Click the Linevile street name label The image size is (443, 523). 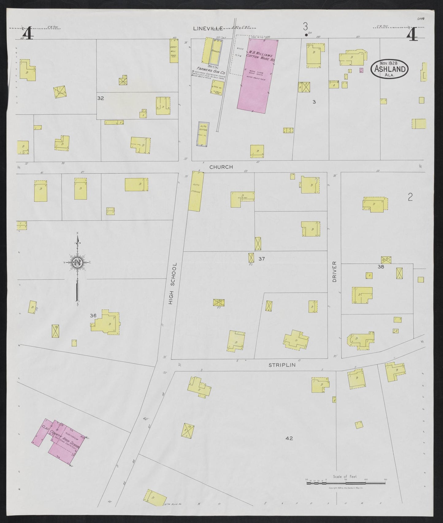[208, 29]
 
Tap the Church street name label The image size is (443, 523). [221, 167]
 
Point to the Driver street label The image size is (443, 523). [334, 272]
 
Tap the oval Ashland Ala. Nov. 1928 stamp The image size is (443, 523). [389, 69]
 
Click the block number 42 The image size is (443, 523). [289, 438]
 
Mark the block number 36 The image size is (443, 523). [93, 315]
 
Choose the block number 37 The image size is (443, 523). [261, 259]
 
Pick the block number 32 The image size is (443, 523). [101, 98]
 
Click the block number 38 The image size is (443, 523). [381, 267]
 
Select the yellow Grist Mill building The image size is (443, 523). [174, 51]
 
